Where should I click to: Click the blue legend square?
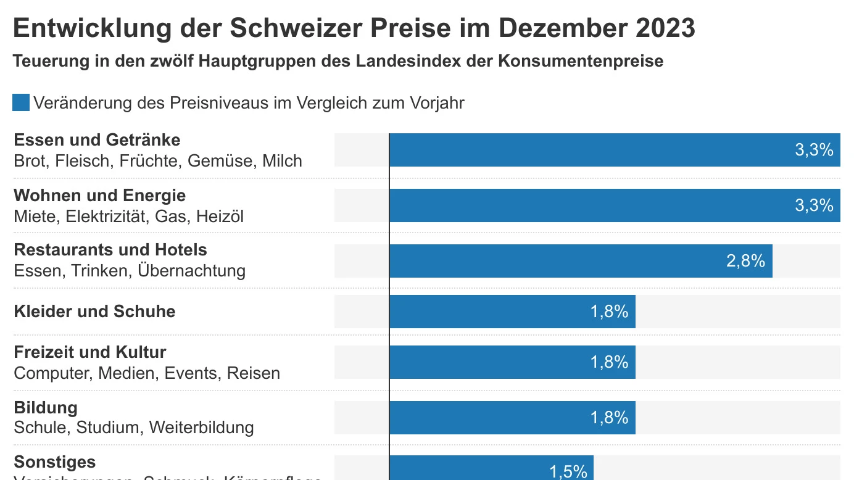click(x=21, y=102)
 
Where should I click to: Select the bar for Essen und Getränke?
click(x=614, y=150)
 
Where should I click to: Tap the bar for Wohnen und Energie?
click(x=614, y=205)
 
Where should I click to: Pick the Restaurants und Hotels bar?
click(x=580, y=261)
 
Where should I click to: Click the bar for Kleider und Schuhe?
click(x=512, y=312)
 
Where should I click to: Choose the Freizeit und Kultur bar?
click(x=512, y=362)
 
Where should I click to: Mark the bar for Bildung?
click(x=512, y=418)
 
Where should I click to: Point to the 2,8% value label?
click(x=745, y=261)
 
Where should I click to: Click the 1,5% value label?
click(x=568, y=472)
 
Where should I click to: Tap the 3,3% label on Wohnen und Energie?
click(x=814, y=205)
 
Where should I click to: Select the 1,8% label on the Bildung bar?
click(x=609, y=418)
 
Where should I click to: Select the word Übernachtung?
click(x=191, y=271)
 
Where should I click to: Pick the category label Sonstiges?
click(x=55, y=462)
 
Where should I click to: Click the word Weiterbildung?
click(x=201, y=428)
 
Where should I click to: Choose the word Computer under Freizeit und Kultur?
click(x=53, y=373)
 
